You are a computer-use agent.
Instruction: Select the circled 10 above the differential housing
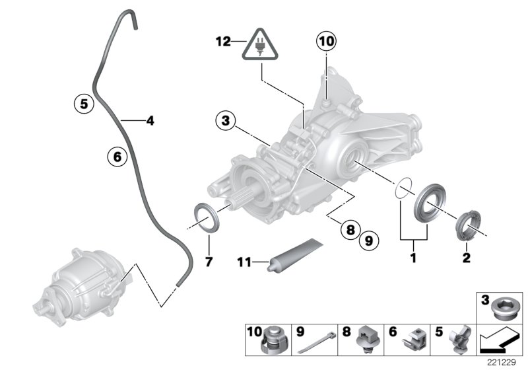pyautogui.click(x=325, y=41)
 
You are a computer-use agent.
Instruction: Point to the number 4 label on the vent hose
pyautogui.click(x=150, y=120)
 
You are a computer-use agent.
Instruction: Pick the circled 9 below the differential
pyautogui.click(x=115, y=156)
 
